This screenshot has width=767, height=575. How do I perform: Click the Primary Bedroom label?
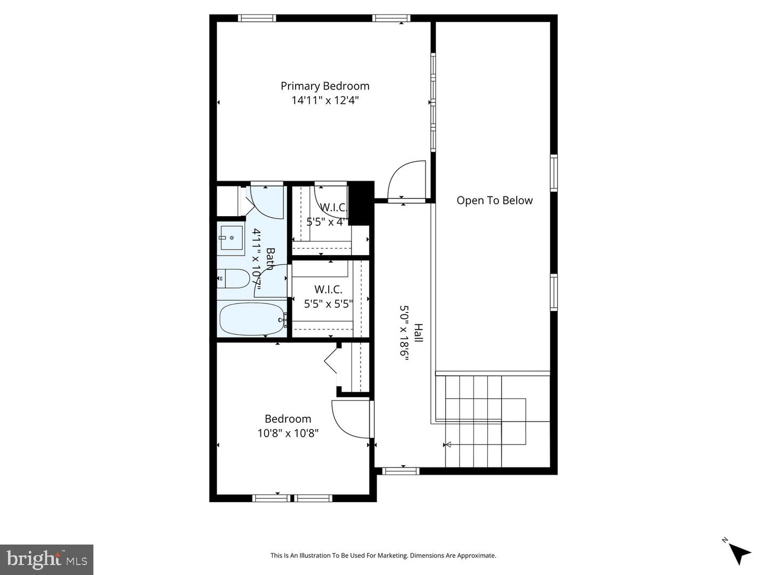[x=325, y=86]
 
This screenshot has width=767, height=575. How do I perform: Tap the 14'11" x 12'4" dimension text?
[x=325, y=100]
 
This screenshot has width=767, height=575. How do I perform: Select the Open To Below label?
[x=494, y=200]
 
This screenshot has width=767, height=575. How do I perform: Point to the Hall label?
[x=419, y=333]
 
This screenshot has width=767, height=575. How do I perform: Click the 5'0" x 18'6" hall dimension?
[x=404, y=333]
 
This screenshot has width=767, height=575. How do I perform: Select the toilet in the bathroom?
[x=234, y=278]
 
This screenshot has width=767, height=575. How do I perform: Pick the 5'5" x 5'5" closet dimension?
[x=328, y=303]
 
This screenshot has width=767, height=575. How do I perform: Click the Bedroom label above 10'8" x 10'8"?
[x=288, y=418]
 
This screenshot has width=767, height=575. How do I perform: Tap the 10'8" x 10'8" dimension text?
[x=288, y=433]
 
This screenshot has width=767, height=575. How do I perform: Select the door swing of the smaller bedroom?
[x=348, y=418]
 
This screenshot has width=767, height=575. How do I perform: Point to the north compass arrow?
[x=739, y=553]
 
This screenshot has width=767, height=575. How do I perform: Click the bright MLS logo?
[x=47, y=560]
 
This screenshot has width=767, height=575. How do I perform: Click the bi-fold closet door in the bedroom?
[x=331, y=360]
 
